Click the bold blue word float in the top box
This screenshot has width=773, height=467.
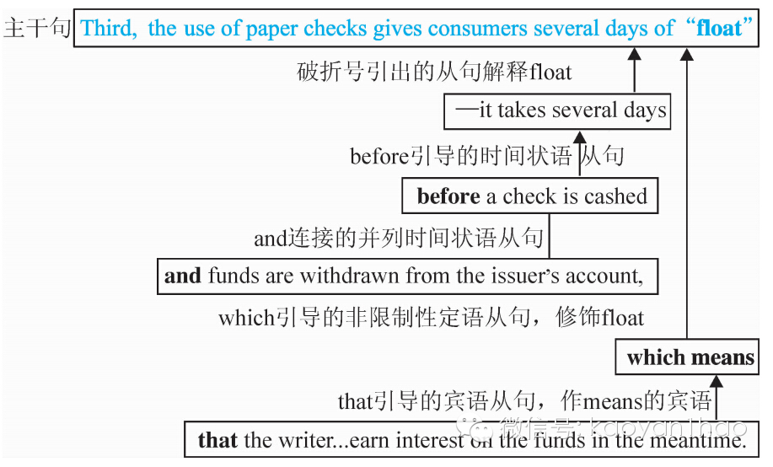coord(718,29)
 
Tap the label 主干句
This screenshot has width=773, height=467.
coord(36,29)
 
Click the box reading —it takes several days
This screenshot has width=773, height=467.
coord(557,110)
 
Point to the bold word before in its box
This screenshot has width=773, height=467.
coord(448,196)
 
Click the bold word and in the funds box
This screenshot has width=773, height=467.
coord(183,276)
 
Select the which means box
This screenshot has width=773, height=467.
coord(690,357)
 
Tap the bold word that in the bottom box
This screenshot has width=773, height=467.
coord(217,439)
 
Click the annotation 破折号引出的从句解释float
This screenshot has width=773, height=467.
coord(433,72)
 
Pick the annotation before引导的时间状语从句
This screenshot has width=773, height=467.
coord(486,156)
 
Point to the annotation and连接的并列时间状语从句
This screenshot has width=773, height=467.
coord(398,239)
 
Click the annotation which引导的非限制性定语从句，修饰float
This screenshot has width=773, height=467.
coord(431,318)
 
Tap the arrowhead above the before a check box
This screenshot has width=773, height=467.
coord(579,137)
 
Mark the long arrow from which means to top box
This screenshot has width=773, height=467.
coord(687,194)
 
